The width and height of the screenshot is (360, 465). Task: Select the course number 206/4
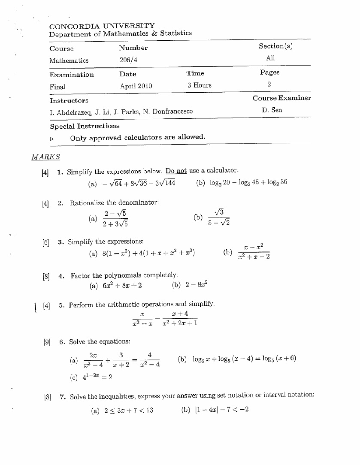(128, 60)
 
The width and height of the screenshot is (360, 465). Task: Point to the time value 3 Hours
(199, 85)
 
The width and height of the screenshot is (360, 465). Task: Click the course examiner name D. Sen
(272, 110)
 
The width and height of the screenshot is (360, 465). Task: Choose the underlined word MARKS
(46, 157)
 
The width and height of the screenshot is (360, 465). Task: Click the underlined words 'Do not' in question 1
(176, 171)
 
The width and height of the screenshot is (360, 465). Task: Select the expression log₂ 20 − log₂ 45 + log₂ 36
(248, 182)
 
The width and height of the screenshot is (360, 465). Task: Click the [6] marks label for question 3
(45, 242)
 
